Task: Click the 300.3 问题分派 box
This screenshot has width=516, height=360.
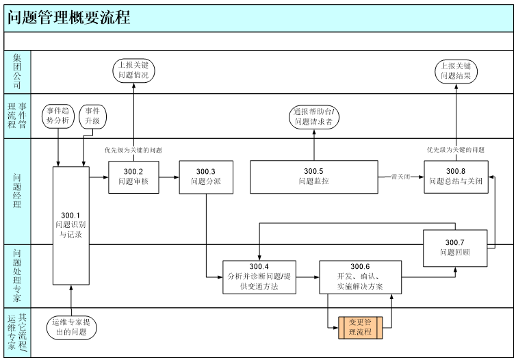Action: [x=205, y=177]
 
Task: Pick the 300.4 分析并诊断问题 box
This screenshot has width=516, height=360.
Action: [x=259, y=277]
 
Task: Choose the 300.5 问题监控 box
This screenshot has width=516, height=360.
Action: [x=314, y=177]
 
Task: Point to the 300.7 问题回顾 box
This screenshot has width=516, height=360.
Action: [x=454, y=247]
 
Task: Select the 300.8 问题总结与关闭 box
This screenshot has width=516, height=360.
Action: [x=456, y=177]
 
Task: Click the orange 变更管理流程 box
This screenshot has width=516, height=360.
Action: [x=360, y=326]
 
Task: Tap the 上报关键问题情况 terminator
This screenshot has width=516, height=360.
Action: [x=133, y=71]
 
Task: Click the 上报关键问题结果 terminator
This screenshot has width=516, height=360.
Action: [x=456, y=71]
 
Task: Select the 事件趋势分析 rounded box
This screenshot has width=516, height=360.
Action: [x=58, y=116]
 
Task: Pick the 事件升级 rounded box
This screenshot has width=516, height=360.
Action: [x=92, y=116]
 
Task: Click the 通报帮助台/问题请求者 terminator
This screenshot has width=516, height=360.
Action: [x=313, y=116]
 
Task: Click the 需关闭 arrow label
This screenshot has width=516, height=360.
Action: [x=400, y=177]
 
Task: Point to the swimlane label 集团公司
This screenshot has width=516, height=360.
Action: [x=17, y=71]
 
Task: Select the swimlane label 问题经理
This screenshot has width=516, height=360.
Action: [x=17, y=191]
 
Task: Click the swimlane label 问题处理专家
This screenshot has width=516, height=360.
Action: [x=17, y=276]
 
